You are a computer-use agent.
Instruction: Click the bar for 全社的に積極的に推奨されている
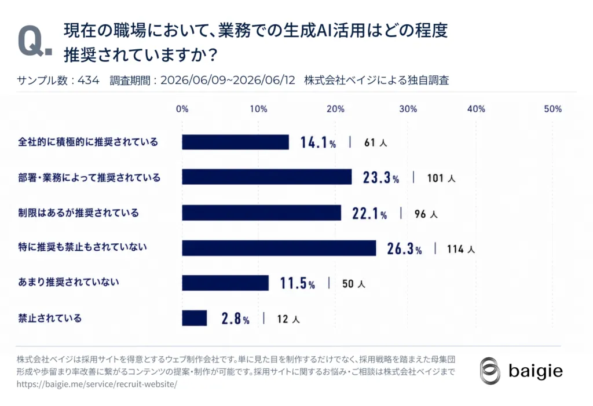[x=235, y=142]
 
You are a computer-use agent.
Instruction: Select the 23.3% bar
[x=266, y=177]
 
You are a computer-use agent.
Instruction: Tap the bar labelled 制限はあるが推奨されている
[x=261, y=213]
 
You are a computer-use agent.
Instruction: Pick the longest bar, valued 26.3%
[x=279, y=248]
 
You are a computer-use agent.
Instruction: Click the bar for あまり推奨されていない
[x=225, y=283]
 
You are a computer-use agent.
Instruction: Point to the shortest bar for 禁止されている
[x=195, y=318]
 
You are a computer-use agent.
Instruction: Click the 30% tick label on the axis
[x=408, y=109]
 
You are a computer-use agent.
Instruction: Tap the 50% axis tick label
[x=553, y=109]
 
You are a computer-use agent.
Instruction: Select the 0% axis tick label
[x=182, y=109]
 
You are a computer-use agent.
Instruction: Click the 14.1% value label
[x=318, y=142]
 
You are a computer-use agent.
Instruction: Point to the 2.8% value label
[x=235, y=319]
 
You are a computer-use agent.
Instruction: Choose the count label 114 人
[x=460, y=249]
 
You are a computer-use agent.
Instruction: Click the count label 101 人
[x=441, y=178]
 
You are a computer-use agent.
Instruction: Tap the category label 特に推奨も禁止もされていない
[x=82, y=247]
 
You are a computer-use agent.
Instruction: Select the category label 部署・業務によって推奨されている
[x=89, y=177]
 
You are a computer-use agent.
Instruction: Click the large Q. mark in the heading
[x=35, y=42]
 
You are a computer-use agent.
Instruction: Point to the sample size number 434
[x=89, y=81]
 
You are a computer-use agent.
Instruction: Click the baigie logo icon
[x=490, y=371]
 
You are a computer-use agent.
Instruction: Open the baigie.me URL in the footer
[x=97, y=384]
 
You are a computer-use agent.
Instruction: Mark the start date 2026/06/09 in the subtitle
[x=193, y=81]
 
